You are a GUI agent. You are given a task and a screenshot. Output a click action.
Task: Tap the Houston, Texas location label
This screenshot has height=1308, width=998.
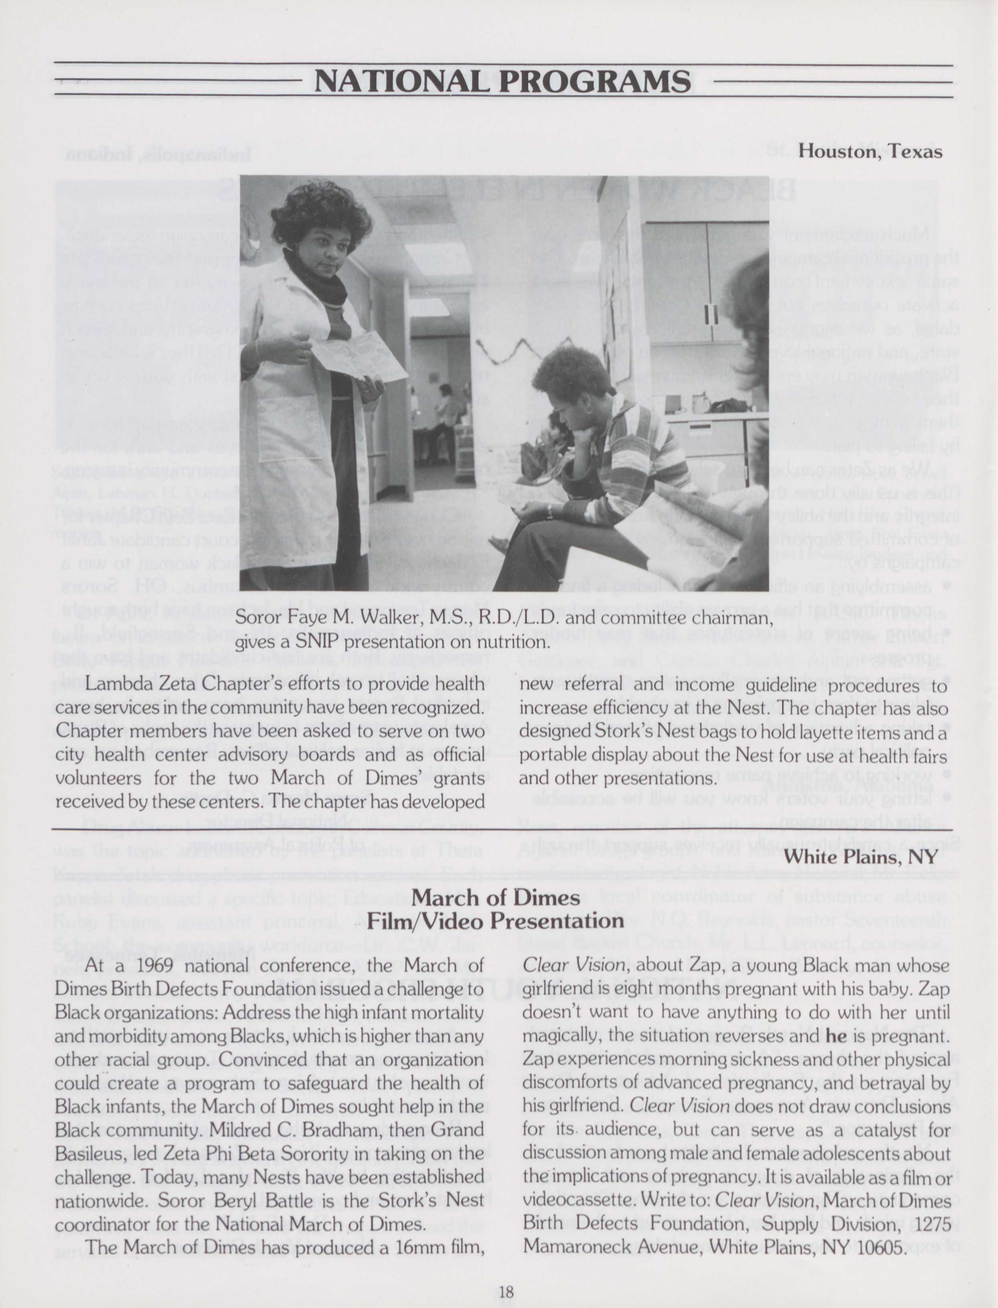click(x=870, y=151)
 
